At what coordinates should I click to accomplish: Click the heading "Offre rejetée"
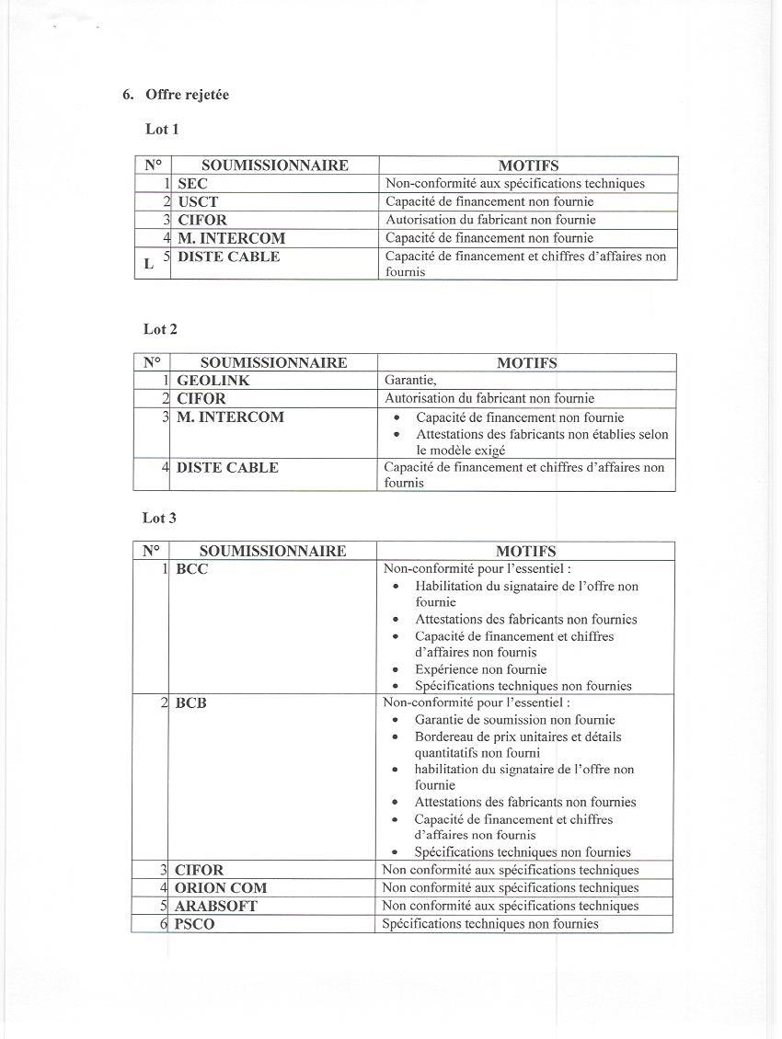(187, 95)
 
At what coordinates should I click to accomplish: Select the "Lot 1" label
(162, 129)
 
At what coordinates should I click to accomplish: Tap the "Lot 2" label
(160, 328)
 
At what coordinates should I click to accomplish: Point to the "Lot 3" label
(159, 518)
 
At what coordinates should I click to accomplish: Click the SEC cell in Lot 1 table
(192, 184)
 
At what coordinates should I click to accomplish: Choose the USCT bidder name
(198, 201)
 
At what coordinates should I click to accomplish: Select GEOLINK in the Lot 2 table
(213, 381)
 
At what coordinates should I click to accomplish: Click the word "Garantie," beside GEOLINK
(410, 381)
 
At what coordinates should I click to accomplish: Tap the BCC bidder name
(191, 569)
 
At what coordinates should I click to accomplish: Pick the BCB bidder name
(190, 703)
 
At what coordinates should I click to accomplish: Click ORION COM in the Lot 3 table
(221, 888)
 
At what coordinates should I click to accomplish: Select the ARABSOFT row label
(216, 906)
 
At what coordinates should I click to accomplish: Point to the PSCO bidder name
(194, 924)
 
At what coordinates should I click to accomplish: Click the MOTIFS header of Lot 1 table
(528, 166)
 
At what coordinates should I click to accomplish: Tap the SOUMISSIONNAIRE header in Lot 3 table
(272, 551)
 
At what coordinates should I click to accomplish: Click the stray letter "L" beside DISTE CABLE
(149, 265)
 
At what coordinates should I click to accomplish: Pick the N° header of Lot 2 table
(152, 362)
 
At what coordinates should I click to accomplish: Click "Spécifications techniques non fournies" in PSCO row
(490, 924)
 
